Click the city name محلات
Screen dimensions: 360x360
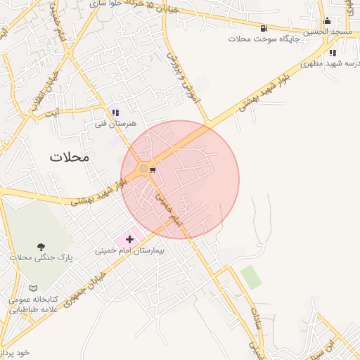tap(70, 157)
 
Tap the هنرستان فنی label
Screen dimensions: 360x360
tap(115, 124)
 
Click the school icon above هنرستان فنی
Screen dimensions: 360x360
tap(115, 112)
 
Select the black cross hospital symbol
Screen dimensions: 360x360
tap(129, 240)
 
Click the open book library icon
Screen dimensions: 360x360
tap(34, 288)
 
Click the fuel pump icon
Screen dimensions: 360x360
tap(263, 29)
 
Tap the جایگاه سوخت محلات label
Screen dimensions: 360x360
tap(266, 39)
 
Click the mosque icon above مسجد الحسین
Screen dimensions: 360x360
tap(327, 20)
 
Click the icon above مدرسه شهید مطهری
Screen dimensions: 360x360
tap(333, 52)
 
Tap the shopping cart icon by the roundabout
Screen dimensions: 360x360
tap(153, 169)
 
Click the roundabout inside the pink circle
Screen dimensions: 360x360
tap(144, 169)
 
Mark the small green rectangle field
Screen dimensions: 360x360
tap(251, 276)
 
